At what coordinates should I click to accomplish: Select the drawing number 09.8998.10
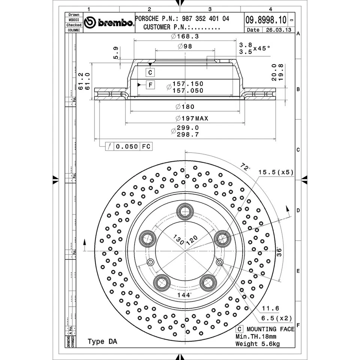coord(266,19)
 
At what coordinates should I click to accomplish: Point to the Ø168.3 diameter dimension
coord(184,36)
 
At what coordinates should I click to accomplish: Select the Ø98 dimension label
coord(185,46)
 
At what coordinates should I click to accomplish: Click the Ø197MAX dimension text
coord(192,118)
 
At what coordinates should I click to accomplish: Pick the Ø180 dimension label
coord(185,107)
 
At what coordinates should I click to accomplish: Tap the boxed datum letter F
coord(150,85)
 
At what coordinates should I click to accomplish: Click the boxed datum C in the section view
coord(150,72)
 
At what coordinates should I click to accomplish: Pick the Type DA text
coord(102,342)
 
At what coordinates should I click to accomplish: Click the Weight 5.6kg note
coord(257,344)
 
